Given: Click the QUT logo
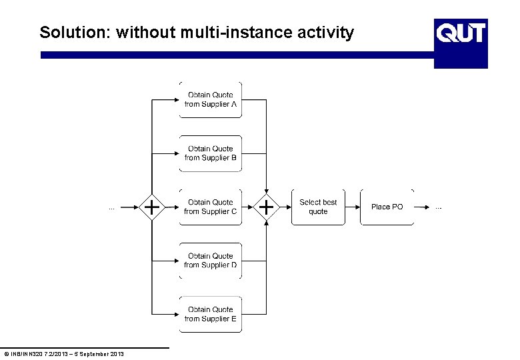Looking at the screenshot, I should (461, 32).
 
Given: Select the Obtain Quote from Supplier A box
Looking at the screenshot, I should (211, 100).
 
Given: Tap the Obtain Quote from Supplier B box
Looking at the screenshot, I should (211, 153).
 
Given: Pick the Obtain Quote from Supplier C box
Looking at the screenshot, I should (211, 207).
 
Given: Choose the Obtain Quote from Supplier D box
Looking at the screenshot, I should (211, 261).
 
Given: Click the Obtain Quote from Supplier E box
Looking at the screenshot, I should (211, 314).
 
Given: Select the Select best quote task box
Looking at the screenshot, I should (318, 207).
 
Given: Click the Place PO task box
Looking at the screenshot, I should (387, 207).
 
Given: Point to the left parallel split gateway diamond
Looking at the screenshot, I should (153, 207).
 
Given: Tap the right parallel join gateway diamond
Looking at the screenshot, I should (267, 207).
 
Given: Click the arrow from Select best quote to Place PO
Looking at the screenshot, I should (353, 207).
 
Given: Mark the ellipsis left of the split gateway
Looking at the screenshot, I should (111, 208).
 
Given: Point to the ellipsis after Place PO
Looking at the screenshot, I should (438, 208).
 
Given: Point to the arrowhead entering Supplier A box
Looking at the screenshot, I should (175, 100).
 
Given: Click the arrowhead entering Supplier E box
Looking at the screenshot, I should (175, 314).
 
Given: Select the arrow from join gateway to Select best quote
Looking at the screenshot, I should (285, 207).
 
